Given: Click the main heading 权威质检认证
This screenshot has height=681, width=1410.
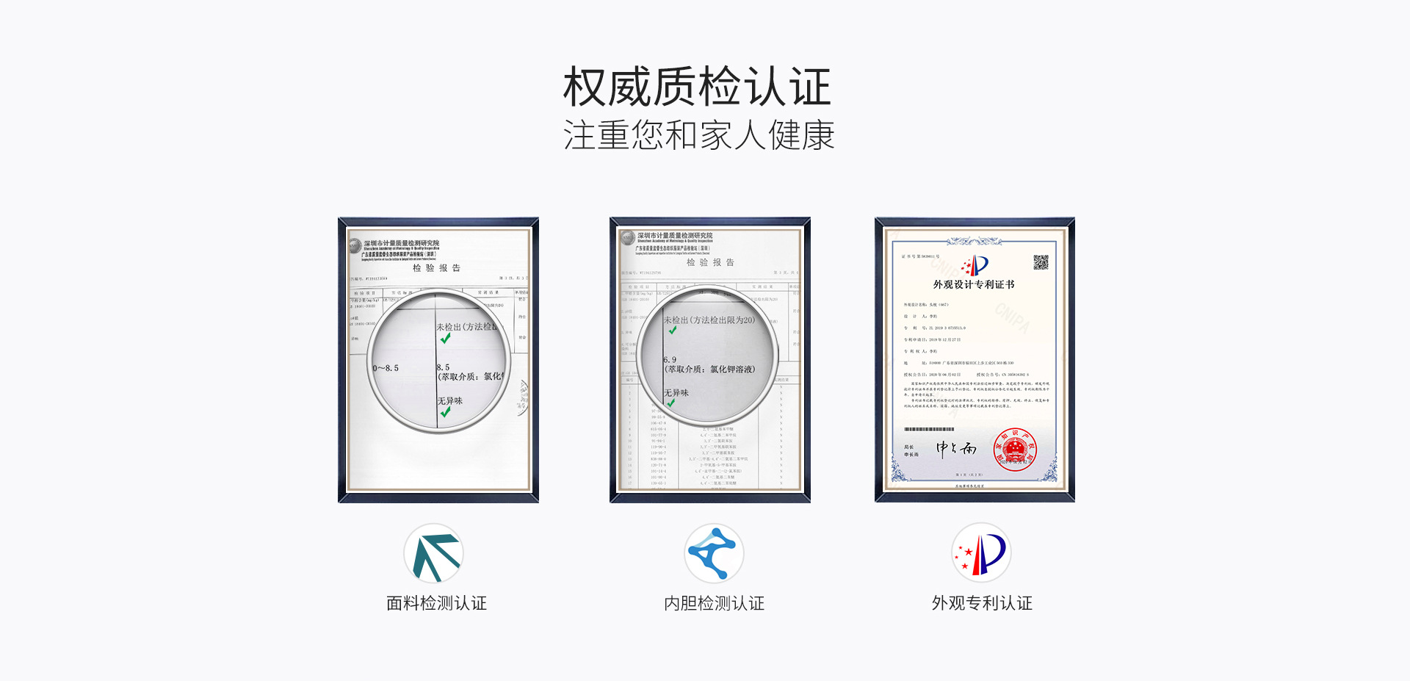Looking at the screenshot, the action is click(697, 87).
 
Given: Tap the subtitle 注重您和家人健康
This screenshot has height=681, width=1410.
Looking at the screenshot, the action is click(698, 135).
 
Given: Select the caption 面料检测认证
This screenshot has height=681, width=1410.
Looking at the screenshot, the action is click(436, 603).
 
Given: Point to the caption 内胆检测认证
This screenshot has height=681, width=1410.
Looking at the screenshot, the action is click(714, 603).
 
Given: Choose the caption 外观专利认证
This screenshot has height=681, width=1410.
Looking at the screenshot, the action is click(982, 603).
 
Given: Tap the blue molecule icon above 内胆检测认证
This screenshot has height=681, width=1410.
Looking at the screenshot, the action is click(713, 552).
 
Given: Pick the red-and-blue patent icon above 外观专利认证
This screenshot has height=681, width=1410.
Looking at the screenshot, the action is click(981, 553).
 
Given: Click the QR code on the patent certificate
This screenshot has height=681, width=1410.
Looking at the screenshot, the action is click(1041, 262).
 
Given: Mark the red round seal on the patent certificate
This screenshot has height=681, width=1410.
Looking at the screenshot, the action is click(1015, 450).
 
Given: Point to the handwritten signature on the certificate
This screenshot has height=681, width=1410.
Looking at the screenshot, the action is click(955, 448).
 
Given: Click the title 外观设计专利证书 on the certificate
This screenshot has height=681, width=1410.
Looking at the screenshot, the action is click(974, 284).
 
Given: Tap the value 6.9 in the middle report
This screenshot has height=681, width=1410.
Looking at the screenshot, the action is click(670, 360).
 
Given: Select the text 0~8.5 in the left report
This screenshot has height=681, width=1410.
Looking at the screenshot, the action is click(386, 368).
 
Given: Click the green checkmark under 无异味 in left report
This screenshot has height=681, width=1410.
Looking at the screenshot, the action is click(446, 412).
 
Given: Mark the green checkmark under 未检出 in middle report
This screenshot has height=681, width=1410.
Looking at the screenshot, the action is click(673, 331).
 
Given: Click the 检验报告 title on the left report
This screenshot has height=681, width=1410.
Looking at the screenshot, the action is click(436, 268).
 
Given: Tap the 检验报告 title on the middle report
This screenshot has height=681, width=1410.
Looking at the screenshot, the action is click(710, 262).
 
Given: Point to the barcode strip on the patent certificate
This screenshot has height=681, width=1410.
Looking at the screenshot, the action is click(929, 429).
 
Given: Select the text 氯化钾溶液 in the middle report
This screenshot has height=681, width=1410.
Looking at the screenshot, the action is click(731, 370).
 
